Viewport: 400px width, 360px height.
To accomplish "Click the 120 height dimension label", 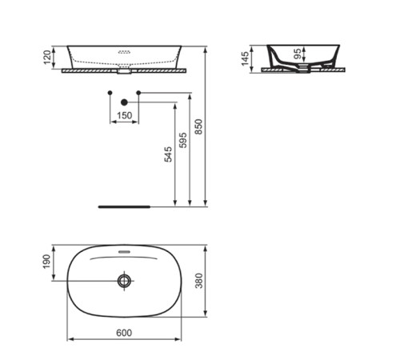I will click(x=48, y=57).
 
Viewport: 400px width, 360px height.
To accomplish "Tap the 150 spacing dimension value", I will click(x=124, y=115).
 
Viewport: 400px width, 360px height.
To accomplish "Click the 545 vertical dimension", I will click(x=167, y=154).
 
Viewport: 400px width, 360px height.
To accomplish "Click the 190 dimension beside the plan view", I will click(x=47, y=262).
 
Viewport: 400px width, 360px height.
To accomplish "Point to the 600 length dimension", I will click(x=123, y=332).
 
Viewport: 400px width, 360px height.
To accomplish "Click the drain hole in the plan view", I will click(x=124, y=281).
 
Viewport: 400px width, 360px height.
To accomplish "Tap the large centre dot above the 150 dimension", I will click(x=124, y=102).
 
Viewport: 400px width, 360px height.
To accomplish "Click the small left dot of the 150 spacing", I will click(x=109, y=94).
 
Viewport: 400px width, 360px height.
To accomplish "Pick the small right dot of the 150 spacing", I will click(x=139, y=94).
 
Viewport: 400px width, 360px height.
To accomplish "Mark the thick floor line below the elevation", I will click(x=124, y=206).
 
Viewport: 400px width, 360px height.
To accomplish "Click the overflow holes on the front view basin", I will click(x=124, y=53).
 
